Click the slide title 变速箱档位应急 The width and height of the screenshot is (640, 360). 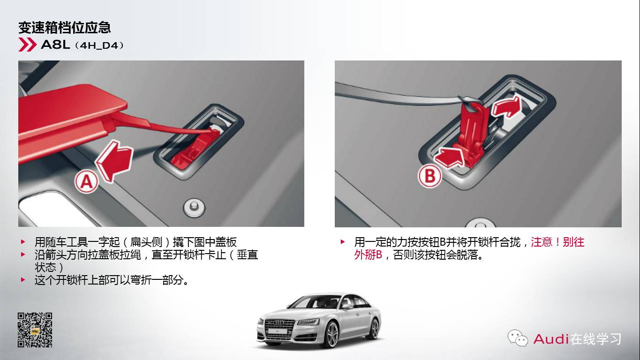click(x=64, y=27)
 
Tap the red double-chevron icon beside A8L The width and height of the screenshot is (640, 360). click(x=27, y=45)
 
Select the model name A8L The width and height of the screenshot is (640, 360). click(x=55, y=45)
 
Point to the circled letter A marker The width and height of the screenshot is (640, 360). click(x=86, y=181)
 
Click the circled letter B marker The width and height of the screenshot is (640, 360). click(x=429, y=176)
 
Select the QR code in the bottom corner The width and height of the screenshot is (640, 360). click(x=35, y=330)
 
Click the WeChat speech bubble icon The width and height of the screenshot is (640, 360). click(x=517, y=337)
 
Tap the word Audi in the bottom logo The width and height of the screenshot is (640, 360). click(x=551, y=338)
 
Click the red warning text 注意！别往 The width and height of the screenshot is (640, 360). click(x=557, y=242)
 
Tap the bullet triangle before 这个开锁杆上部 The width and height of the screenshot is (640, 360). click(x=23, y=279)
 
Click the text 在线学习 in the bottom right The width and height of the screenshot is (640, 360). click(x=595, y=338)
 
